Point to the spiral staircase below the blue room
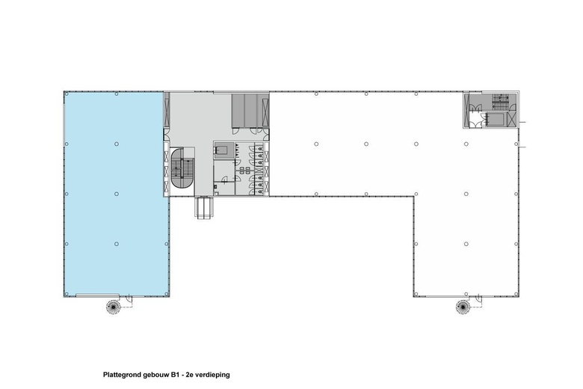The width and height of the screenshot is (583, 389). click(113, 306)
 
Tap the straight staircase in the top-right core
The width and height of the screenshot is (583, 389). click(500, 101)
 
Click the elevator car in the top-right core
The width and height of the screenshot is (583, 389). click(493, 119)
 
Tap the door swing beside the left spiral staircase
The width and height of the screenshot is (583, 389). click(129, 299)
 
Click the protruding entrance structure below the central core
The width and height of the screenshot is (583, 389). click(204, 206)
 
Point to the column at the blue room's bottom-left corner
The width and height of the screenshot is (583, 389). click(65, 293)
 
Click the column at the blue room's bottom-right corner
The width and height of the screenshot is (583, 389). click(167, 293)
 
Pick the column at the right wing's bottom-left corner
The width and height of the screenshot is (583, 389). click(414, 293)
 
